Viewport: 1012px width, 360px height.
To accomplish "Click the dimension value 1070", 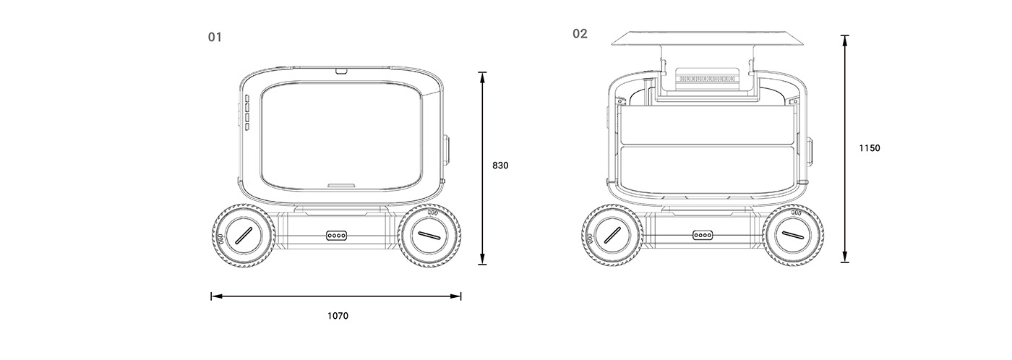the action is [x=338, y=316].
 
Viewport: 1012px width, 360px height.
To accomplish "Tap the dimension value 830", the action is [x=500, y=166].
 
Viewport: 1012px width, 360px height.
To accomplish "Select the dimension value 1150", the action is [x=870, y=148].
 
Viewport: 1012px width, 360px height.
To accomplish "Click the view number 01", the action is [x=215, y=37].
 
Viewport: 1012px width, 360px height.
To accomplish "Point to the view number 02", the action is [x=580, y=33].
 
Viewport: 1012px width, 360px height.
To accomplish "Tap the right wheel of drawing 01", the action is [x=429, y=236].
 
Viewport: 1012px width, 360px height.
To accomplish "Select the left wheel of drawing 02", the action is [x=612, y=235].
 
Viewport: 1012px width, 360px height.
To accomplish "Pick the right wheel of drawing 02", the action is [x=793, y=235].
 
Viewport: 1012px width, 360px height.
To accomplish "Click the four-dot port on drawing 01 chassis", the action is [x=337, y=236].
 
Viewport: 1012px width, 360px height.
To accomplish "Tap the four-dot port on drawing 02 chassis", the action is [x=703, y=235].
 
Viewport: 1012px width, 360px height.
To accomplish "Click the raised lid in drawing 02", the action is [x=708, y=38].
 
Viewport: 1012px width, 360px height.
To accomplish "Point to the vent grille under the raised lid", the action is [x=708, y=79].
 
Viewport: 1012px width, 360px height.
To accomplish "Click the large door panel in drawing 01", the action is [x=341, y=137].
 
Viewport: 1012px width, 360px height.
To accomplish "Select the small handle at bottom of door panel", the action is [x=341, y=185].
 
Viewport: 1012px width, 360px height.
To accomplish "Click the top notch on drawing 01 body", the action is [x=341, y=71].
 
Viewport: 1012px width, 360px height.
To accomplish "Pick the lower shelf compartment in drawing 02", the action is [x=707, y=168].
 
